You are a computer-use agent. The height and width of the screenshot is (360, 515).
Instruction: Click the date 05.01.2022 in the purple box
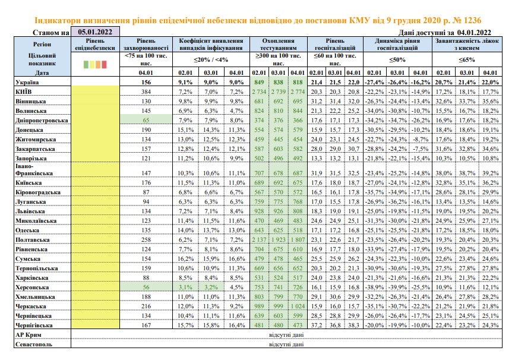(x=95, y=32)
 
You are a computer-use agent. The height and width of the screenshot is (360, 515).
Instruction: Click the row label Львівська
(x=30, y=211)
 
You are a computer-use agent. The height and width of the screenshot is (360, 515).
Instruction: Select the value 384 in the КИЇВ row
(x=146, y=92)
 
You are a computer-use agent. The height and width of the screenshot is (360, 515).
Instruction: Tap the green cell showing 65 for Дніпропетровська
(x=146, y=120)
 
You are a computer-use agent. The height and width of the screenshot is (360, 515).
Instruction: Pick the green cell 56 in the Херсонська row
(x=146, y=287)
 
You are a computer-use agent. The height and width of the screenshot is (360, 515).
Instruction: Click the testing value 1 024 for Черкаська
(x=298, y=306)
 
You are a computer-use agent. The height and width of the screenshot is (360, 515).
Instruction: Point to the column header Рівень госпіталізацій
(x=335, y=45)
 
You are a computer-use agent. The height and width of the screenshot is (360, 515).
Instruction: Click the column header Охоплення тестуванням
(x=278, y=45)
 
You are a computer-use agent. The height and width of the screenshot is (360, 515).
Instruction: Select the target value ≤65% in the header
(x=467, y=60)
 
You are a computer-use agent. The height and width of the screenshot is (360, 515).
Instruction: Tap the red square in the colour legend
(x=104, y=64)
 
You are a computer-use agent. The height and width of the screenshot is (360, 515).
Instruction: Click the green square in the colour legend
(x=86, y=64)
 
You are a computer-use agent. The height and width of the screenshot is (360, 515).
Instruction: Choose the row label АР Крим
(x=29, y=335)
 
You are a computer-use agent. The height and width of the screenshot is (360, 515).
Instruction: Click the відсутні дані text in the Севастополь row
(x=286, y=345)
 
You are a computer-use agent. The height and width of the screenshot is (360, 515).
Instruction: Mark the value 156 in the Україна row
(x=146, y=83)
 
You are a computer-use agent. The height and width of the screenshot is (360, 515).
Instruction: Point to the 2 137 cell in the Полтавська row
(x=259, y=240)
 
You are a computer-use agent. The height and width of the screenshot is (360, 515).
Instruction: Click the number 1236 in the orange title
(x=471, y=20)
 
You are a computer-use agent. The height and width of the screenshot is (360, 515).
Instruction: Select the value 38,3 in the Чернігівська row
(x=353, y=325)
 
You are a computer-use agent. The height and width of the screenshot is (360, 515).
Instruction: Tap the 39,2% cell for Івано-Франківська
(x=490, y=173)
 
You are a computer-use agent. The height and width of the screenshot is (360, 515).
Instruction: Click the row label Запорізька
(x=31, y=159)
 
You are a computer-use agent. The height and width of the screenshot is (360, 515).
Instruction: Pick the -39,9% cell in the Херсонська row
(x=397, y=287)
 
